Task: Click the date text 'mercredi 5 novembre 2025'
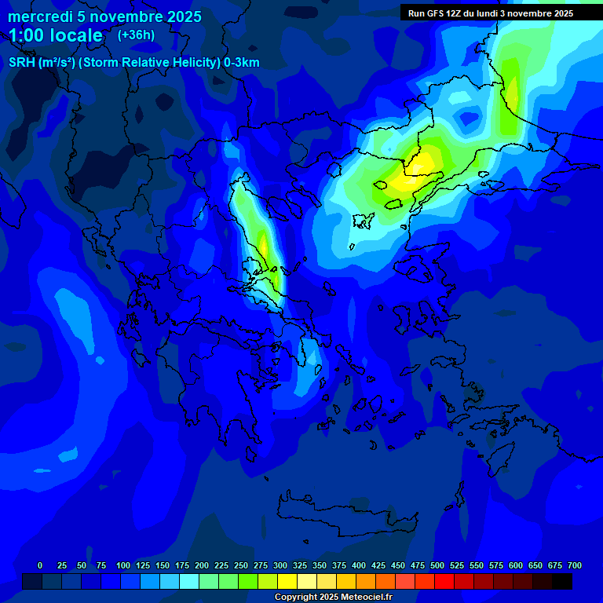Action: click(x=104, y=16)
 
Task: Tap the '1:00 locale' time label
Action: click(x=56, y=35)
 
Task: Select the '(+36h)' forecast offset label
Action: click(x=136, y=35)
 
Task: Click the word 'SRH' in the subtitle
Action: click(x=22, y=63)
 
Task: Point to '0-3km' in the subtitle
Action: click(x=241, y=63)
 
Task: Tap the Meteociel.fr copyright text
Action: click(x=333, y=598)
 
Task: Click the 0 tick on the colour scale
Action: click(x=40, y=565)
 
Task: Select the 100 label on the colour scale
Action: click(x=122, y=565)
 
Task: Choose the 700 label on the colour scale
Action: click(x=574, y=565)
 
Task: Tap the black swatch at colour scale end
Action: click(x=562, y=582)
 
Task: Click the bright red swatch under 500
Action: click(x=444, y=582)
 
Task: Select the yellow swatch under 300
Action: click(x=287, y=582)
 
